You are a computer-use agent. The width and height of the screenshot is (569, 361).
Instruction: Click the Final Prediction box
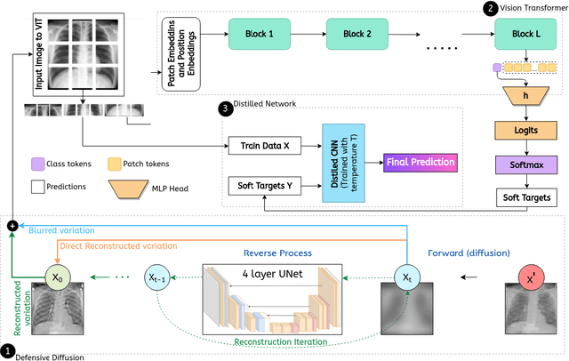(420, 163)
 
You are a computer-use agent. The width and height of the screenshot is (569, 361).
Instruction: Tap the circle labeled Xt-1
(159, 277)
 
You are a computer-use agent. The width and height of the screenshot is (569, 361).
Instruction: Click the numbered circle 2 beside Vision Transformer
(489, 9)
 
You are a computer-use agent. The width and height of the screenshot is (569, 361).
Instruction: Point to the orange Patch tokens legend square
(114, 164)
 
